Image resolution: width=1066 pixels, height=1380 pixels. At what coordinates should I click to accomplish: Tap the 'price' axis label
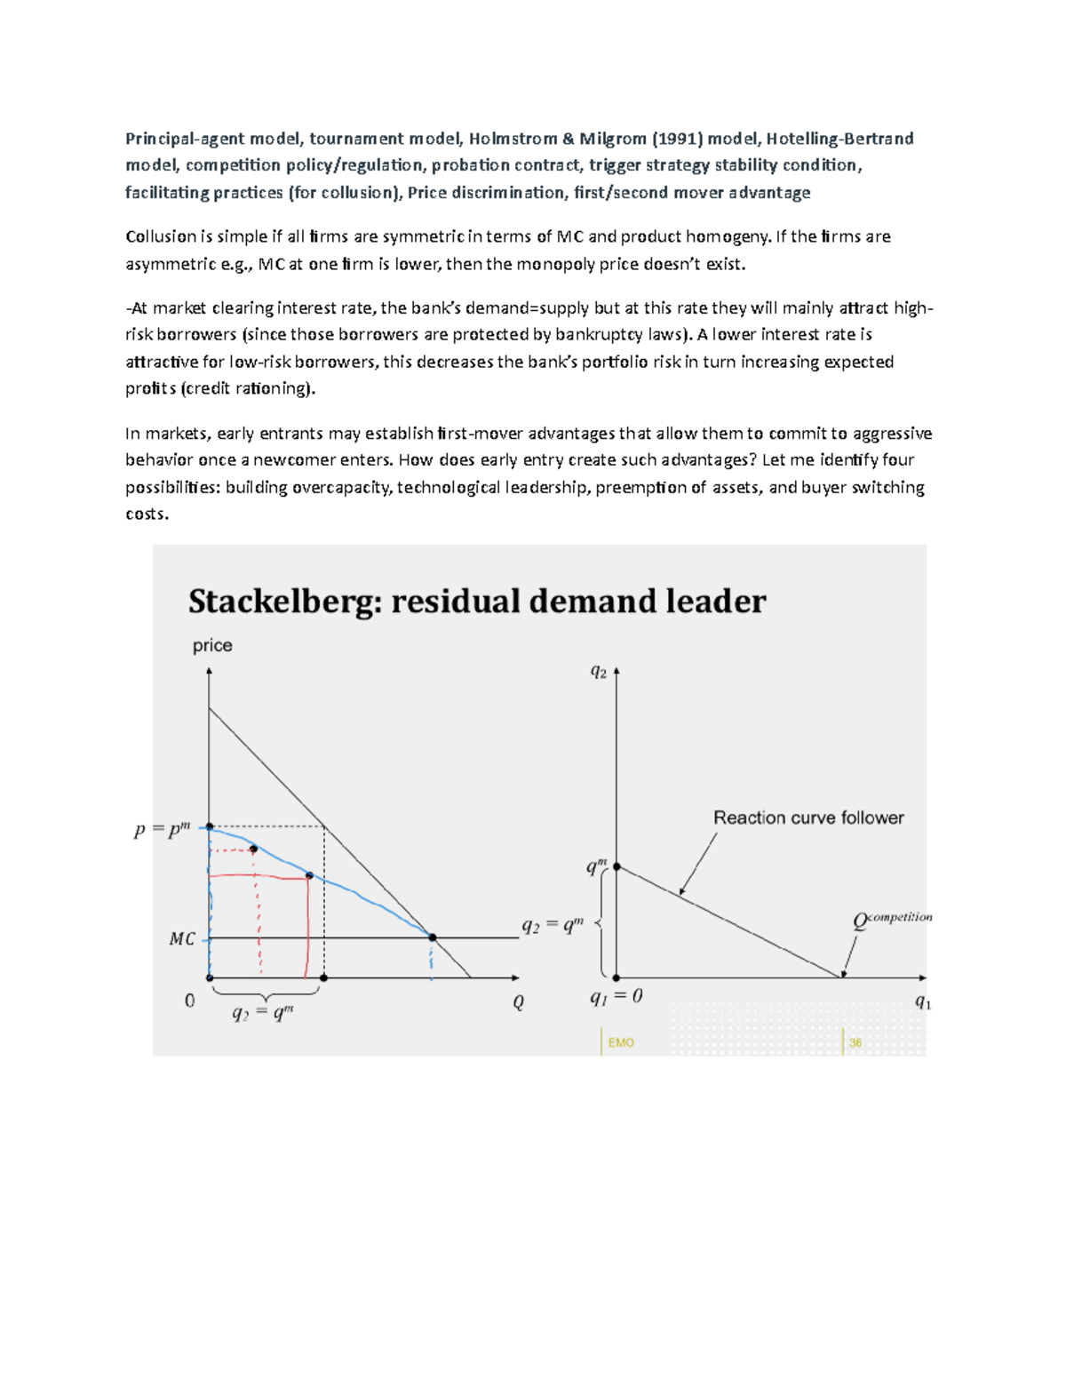(212, 646)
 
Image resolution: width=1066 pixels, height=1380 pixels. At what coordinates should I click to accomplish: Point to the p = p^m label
(162, 831)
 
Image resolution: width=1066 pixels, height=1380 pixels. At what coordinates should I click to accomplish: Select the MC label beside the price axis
(181, 939)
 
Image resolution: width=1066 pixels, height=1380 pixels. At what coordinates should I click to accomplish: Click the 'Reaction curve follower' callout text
(808, 818)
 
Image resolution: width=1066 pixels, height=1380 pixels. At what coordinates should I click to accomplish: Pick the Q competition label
(892, 920)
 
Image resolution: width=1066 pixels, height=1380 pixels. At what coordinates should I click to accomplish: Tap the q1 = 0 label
(616, 997)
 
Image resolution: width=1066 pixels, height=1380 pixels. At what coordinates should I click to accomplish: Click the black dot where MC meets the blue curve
(433, 937)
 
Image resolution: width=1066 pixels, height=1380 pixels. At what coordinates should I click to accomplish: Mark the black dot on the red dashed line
(253, 850)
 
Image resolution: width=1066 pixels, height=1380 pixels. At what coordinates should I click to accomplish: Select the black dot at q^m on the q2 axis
(617, 866)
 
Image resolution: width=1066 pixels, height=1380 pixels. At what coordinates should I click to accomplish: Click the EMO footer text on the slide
(621, 1042)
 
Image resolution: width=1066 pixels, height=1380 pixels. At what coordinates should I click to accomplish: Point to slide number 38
(855, 1042)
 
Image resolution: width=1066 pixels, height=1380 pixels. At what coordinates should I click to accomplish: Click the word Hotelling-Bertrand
(839, 139)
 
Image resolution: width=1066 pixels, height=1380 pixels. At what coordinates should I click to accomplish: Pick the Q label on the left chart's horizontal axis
(518, 1003)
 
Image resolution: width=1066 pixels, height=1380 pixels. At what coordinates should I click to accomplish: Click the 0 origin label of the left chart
(189, 1001)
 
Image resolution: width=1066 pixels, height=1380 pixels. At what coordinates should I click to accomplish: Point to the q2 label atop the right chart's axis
(599, 673)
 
